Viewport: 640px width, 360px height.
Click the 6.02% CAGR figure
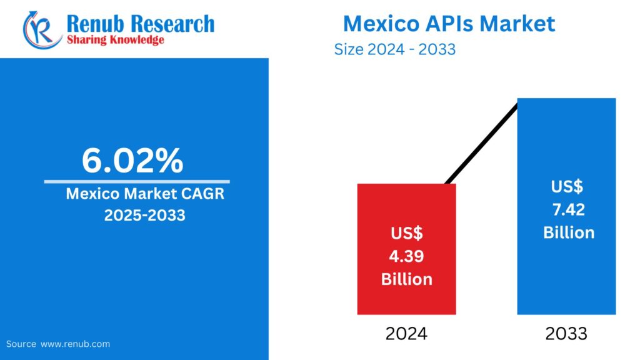[x=132, y=161]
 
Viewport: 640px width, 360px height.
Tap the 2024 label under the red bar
[x=406, y=334]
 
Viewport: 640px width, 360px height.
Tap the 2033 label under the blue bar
[x=566, y=334]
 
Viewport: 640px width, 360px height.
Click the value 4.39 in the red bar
[x=407, y=256]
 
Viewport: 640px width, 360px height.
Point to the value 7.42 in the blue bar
[x=568, y=209]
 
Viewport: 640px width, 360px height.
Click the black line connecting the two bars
[x=481, y=143]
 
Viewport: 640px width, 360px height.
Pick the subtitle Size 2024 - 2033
[x=395, y=49]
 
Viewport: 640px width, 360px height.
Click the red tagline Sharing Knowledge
[x=115, y=40]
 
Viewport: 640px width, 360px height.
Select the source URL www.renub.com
[x=76, y=344]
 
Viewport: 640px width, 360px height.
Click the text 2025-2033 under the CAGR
[x=144, y=216]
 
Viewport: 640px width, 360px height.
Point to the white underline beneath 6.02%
[x=136, y=181]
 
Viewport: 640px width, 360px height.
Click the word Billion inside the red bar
[x=407, y=279]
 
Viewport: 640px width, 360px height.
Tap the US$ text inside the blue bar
[x=567, y=186]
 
